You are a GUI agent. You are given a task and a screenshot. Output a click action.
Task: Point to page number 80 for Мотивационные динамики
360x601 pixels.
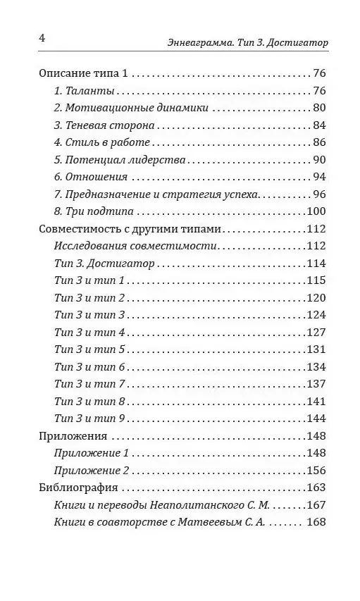pyautogui.click(x=317, y=109)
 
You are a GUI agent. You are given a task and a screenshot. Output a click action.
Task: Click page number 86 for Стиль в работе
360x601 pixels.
pyautogui.click(x=317, y=143)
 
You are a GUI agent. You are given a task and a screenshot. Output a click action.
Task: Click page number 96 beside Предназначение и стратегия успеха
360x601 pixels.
pyautogui.click(x=317, y=194)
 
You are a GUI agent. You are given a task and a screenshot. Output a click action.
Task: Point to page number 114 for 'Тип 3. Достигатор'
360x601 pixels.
pyautogui.click(x=314, y=264)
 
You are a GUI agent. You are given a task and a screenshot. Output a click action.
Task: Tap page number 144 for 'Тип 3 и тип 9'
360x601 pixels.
pyautogui.click(x=314, y=419)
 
